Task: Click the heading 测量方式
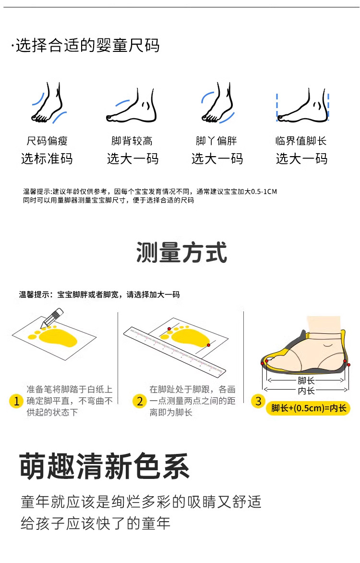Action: coord(181,252)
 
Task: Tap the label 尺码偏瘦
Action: coord(47,141)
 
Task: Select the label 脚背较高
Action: coord(132,141)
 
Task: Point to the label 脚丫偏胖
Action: coord(216,141)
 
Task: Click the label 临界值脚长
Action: coord(301,141)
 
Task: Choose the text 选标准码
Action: coord(47,159)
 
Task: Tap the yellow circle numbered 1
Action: coord(16,401)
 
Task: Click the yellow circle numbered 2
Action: coord(140,401)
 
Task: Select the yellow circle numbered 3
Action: coord(258,401)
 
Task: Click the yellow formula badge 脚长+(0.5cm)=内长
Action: coord(308,408)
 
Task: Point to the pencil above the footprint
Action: coord(52,318)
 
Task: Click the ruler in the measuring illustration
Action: coord(175,352)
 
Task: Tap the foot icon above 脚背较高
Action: coord(132,106)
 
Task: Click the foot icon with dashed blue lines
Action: coord(302,106)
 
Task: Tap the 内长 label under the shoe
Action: coord(306,390)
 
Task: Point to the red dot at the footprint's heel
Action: coord(208,345)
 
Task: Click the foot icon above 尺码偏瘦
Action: coord(48,103)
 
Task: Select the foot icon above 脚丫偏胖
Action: coord(217,103)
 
